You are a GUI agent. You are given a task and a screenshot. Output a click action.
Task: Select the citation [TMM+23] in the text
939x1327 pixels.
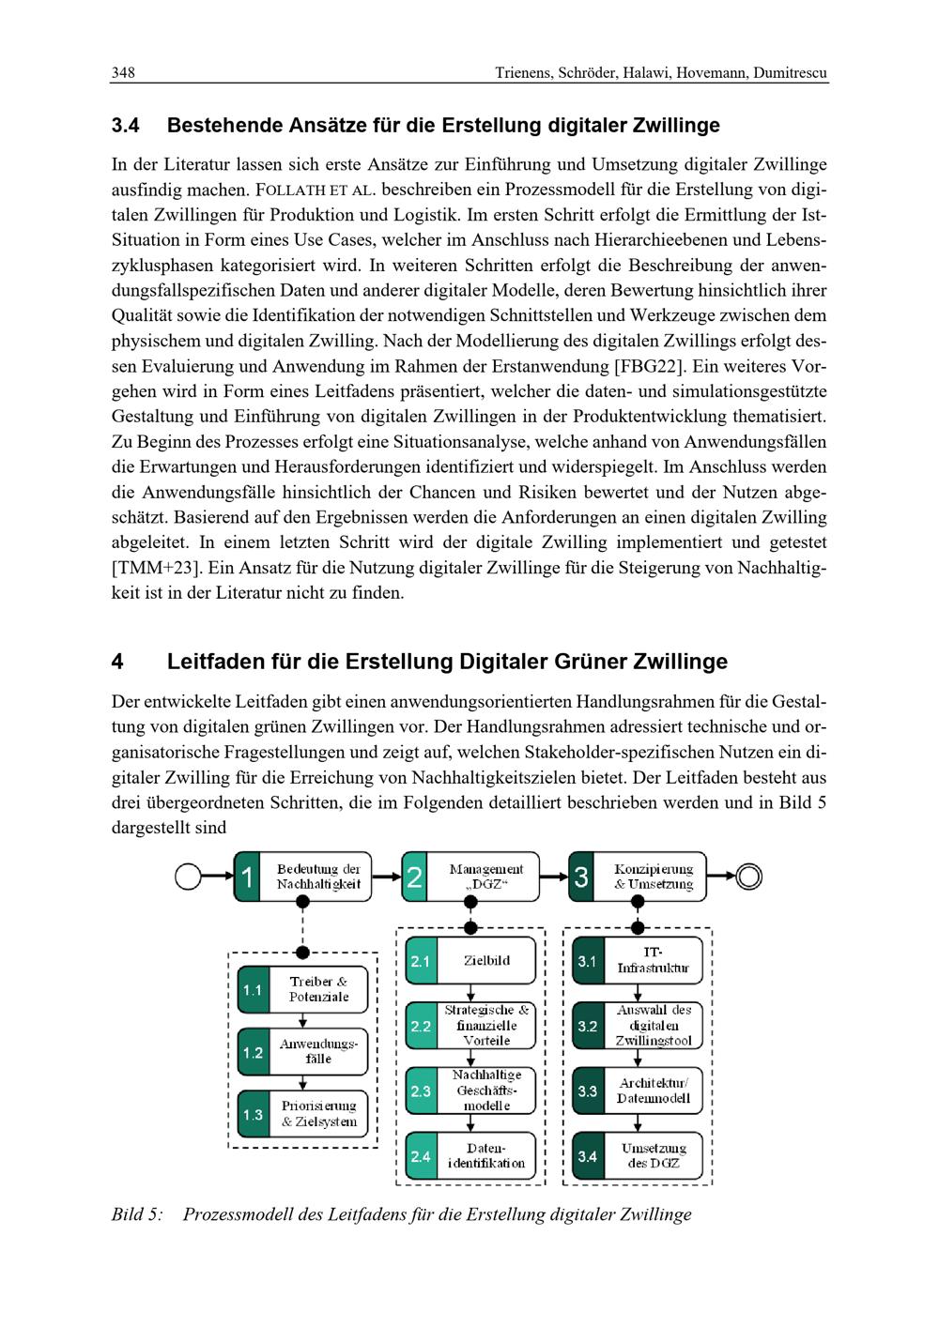[155, 568]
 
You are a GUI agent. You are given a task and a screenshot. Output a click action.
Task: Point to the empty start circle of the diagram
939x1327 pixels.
[189, 877]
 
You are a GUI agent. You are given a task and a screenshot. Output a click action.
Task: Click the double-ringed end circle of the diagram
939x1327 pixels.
[748, 877]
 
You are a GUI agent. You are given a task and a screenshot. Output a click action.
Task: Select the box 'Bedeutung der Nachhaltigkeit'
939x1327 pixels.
[303, 877]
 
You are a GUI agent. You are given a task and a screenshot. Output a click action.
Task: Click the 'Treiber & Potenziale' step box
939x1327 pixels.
[303, 989]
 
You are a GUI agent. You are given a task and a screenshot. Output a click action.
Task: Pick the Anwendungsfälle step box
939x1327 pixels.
[303, 1051]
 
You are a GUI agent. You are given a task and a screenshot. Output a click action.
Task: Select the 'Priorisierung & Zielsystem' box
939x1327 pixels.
[303, 1114]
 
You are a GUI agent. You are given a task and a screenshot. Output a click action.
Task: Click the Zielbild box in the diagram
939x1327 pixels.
[471, 961]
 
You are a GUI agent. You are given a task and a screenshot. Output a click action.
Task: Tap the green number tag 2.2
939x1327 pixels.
[421, 1026]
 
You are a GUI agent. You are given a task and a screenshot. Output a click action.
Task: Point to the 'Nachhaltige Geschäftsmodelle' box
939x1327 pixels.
[471, 1091]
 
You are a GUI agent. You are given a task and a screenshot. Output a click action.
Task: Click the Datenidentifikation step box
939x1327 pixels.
[471, 1155]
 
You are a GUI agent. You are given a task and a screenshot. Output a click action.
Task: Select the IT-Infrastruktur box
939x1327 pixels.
[639, 961]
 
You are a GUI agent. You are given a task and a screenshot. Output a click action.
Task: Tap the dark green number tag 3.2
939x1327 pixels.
[588, 1026]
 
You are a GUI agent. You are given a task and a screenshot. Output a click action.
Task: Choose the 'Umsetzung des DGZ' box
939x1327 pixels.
[639, 1155]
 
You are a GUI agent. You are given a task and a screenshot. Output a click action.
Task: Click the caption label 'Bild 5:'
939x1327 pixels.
[137, 1214]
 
